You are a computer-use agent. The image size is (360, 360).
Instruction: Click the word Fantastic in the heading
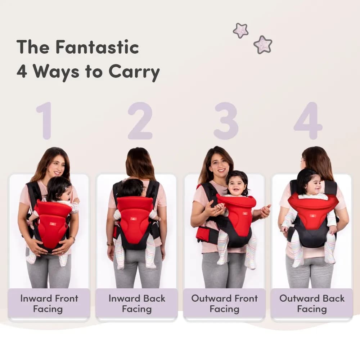(x=97, y=47)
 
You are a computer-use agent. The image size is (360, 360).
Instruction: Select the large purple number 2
(x=140, y=121)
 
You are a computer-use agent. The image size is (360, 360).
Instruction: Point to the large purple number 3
(x=226, y=121)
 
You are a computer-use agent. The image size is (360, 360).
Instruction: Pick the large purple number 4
(x=308, y=121)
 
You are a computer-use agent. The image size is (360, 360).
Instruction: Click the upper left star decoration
(x=240, y=31)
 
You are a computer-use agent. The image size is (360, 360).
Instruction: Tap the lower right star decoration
(x=263, y=45)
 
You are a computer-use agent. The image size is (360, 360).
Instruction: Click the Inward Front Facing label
(x=49, y=303)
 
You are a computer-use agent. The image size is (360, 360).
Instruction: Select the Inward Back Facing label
(x=137, y=303)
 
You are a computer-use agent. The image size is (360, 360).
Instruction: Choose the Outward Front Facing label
(x=225, y=303)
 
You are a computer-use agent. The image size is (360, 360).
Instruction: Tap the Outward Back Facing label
(x=312, y=303)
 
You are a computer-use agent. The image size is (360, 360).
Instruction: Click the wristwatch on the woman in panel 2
(x=110, y=244)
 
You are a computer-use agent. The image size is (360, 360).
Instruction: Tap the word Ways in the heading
(x=57, y=72)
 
